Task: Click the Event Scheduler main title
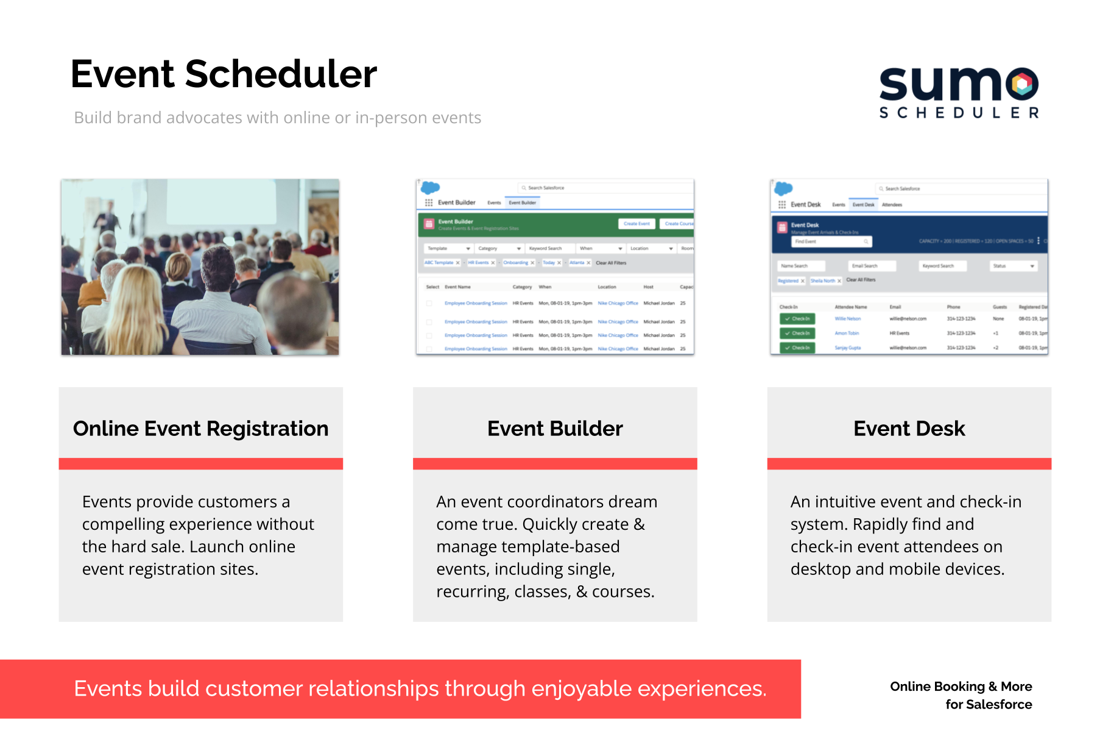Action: click(224, 74)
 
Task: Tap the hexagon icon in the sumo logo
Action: click(1023, 84)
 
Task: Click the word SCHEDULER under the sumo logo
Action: click(959, 113)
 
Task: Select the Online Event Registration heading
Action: click(200, 429)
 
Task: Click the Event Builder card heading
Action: click(555, 429)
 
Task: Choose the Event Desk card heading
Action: click(909, 429)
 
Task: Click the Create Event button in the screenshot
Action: click(637, 224)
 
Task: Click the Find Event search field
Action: click(831, 242)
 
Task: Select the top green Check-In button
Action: click(797, 319)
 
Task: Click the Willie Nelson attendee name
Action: click(847, 319)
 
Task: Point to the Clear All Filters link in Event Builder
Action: click(611, 263)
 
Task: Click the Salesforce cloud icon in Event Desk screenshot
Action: click(784, 188)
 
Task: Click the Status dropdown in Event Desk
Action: click(1014, 266)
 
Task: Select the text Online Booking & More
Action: click(961, 687)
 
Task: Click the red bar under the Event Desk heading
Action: click(909, 464)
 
